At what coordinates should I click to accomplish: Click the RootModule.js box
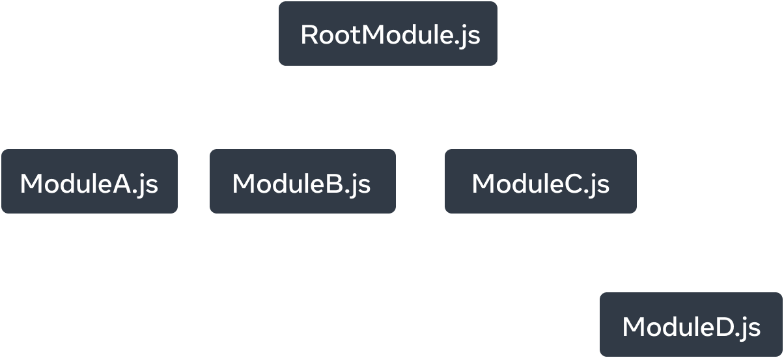pyautogui.click(x=388, y=35)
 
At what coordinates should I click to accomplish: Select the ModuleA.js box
pyautogui.click(x=89, y=182)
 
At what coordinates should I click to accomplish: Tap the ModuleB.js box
pyautogui.click(x=302, y=182)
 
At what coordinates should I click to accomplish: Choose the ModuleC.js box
pyautogui.click(x=540, y=182)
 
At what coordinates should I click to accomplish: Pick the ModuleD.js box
pyautogui.click(x=691, y=325)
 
